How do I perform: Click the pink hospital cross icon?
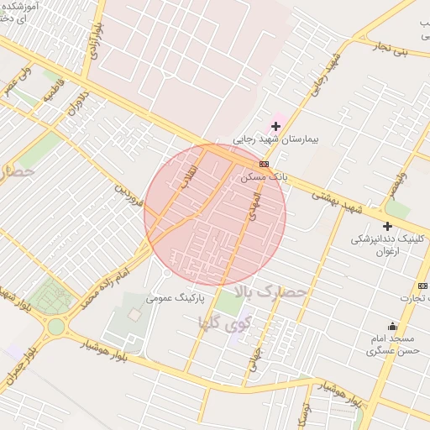[275, 126]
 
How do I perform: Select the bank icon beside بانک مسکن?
[265, 164]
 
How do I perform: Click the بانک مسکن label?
[264, 177]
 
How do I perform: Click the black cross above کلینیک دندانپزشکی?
[387, 226]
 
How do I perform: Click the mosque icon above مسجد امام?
[392, 326]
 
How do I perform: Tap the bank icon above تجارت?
[422, 286]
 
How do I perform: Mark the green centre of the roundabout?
[55, 326]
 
